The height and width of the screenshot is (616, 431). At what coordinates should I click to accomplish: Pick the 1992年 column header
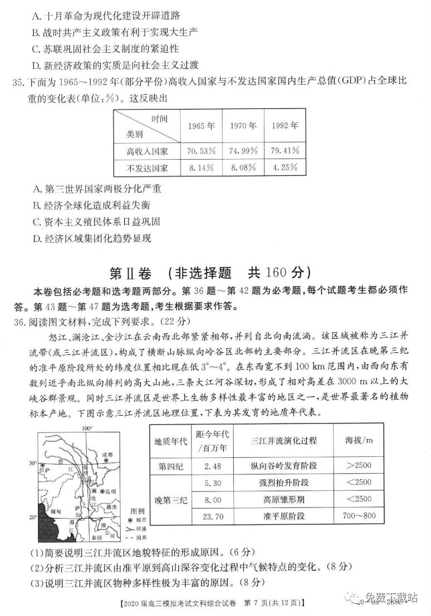[285, 125]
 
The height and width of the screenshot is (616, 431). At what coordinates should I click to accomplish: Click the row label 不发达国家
[147, 167]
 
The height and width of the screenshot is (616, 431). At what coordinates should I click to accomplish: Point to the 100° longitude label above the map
[86, 428]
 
